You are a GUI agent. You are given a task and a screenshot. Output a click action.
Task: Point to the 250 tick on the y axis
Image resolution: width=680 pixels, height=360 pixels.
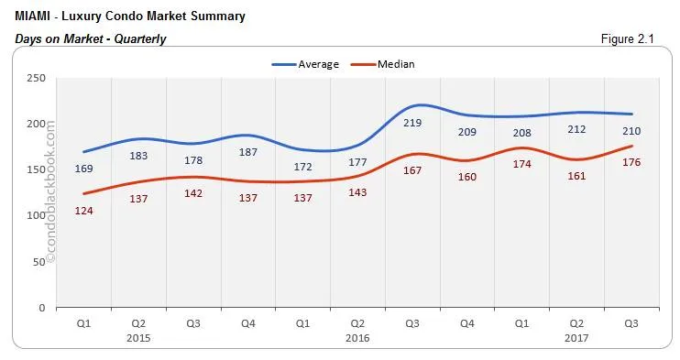pyautogui.click(x=38, y=78)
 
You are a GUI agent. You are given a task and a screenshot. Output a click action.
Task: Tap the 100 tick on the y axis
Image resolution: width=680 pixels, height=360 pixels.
pyautogui.click(x=38, y=215)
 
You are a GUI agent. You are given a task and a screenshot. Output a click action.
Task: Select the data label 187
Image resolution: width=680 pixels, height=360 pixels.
pyautogui.click(x=247, y=152)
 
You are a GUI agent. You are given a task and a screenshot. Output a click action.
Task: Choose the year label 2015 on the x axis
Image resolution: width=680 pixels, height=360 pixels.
pyautogui.click(x=138, y=337)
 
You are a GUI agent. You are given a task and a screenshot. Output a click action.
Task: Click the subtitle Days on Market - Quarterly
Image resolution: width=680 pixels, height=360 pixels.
pyautogui.click(x=91, y=38)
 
